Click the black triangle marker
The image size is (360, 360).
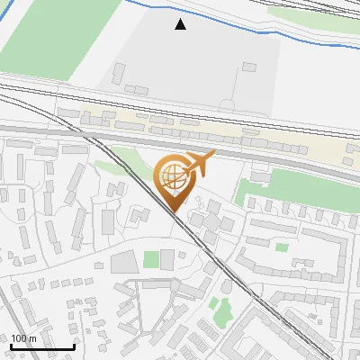[x=181, y=24]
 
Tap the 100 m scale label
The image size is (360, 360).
[x=23, y=338]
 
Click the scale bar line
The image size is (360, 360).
[x=41, y=346]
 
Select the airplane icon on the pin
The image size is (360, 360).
[x=199, y=164]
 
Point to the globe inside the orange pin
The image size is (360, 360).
[x=171, y=175]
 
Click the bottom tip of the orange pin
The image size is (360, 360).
[x=172, y=211]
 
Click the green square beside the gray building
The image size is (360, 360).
[x=151, y=261]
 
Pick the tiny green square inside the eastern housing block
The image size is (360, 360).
[x=282, y=247]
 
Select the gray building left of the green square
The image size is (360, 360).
[x=124, y=262]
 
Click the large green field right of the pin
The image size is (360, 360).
[x=297, y=187]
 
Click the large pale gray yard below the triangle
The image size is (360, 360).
[x=180, y=63]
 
